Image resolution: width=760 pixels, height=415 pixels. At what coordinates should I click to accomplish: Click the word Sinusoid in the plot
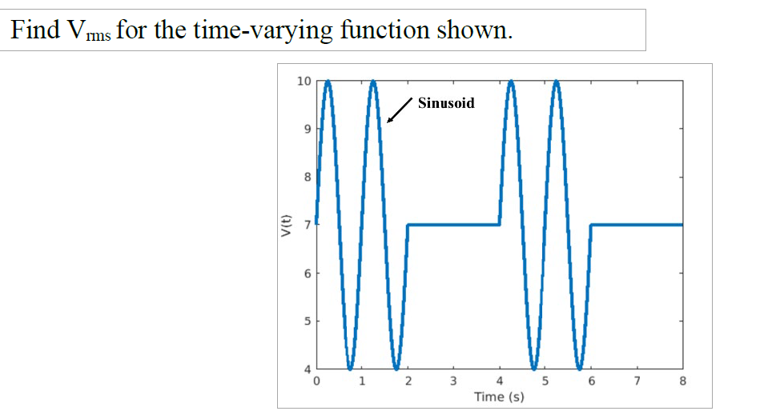(x=446, y=103)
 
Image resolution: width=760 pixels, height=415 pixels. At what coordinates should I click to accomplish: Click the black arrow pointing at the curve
(x=400, y=111)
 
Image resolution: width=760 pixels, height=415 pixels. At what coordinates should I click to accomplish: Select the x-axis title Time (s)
(x=499, y=397)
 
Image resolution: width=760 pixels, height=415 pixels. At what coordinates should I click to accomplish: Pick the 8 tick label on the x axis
(x=682, y=381)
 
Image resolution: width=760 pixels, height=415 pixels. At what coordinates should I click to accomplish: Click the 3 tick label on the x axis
(x=453, y=381)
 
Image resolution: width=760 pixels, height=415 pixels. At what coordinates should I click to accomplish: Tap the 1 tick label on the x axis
(x=362, y=381)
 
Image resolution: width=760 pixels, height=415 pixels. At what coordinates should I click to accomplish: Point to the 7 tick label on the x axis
(x=637, y=381)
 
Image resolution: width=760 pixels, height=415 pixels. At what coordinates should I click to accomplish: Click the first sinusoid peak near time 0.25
(x=328, y=82)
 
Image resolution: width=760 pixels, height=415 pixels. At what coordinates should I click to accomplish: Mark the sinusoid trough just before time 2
(x=396, y=368)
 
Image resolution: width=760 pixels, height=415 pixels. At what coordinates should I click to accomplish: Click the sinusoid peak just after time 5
(x=557, y=82)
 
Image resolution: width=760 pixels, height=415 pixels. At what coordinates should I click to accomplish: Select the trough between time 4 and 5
(x=533, y=368)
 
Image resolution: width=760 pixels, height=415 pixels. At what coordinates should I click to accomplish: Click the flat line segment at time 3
(x=454, y=225)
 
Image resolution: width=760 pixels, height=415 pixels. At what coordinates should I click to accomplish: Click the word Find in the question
(x=34, y=30)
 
